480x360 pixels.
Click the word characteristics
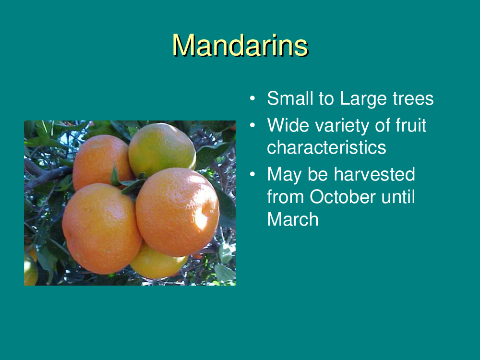coord(326,147)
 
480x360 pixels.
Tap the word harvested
coord(374,175)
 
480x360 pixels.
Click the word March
coord(293,219)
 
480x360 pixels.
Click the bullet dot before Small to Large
coord(252,98)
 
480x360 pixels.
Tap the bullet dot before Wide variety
coord(252,125)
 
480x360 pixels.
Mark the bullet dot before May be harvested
coord(252,175)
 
